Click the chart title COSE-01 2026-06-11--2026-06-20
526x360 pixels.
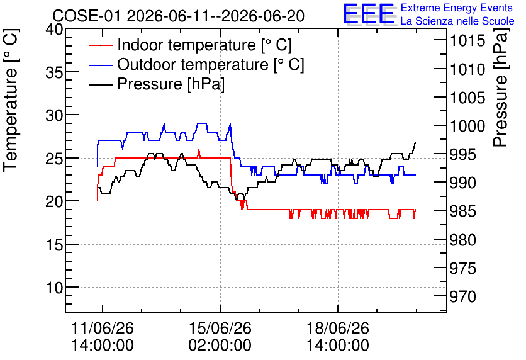click(179, 16)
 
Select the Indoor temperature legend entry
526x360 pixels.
click(190, 45)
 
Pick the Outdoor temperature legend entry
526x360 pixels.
click(196, 64)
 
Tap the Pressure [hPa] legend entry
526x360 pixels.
click(157, 84)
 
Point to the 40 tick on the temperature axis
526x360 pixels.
click(54, 30)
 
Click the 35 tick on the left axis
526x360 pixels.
click(54, 72)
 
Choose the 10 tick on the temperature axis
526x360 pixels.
click(54, 288)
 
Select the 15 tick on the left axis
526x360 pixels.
click(54, 245)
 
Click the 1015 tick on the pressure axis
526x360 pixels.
click(462, 41)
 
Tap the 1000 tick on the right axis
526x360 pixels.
click(462, 126)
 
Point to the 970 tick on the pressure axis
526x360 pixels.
click(462, 296)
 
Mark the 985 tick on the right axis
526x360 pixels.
click(462, 211)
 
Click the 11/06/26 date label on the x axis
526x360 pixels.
click(103, 328)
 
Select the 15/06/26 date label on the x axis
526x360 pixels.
click(220, 328)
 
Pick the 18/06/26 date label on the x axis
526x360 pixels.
click(338, 328)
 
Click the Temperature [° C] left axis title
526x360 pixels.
click(11, 101)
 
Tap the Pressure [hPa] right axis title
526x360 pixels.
click(500, 87)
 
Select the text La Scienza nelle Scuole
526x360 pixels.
click(457, 21)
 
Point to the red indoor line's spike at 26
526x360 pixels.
click(199, 150)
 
